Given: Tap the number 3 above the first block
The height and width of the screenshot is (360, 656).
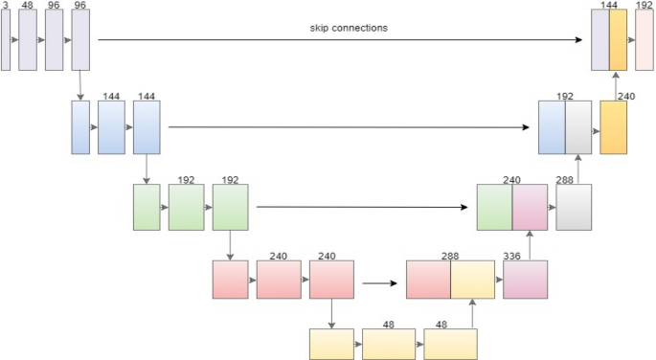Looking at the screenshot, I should [5, 5].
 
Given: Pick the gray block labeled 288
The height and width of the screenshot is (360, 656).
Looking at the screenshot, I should [574, 207].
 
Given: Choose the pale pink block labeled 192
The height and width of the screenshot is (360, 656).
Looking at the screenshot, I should [644, 40].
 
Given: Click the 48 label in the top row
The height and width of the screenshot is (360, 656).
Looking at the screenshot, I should [27, 5].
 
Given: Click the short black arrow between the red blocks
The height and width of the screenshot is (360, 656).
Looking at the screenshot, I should [380, 282].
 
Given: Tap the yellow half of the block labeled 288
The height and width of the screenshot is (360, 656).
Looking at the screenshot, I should [472, 279].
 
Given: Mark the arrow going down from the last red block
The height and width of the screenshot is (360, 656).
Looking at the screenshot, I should [330, 313].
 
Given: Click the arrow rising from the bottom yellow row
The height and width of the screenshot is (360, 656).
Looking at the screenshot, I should [471, 313].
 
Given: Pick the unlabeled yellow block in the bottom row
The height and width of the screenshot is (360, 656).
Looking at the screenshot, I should [332, 343].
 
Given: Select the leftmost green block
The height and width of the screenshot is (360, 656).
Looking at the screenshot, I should [147, 207].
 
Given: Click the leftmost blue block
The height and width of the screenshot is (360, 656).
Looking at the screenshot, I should [80, 127].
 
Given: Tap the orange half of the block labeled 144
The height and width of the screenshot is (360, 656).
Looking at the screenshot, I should [618, 40].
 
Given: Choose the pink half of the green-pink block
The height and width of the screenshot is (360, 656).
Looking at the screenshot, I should [530, 207].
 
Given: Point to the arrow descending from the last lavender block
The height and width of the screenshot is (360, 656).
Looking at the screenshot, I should [80, 84].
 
